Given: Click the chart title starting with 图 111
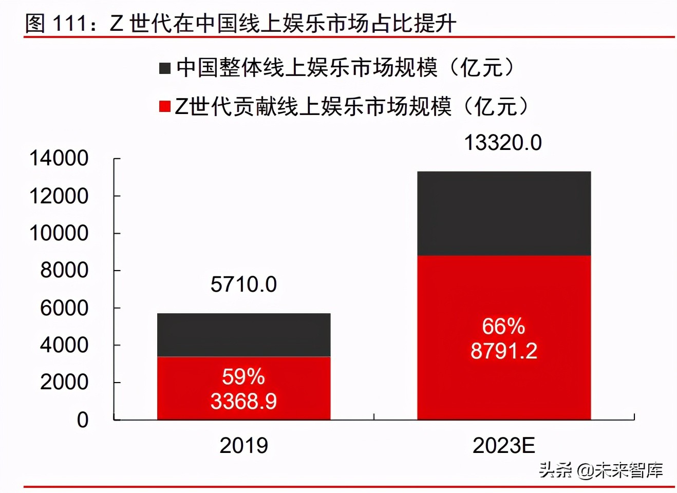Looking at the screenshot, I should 240,23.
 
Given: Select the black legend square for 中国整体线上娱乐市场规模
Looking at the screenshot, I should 165,68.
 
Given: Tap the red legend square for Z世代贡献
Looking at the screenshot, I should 165,106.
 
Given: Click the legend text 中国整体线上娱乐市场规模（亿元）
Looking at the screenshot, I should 345,68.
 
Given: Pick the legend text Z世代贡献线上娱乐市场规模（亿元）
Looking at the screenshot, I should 351,106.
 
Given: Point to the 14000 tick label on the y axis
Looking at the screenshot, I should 59,158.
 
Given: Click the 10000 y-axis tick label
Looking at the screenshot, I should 59,233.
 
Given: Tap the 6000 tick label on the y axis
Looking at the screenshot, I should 64,308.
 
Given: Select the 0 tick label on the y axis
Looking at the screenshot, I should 83,420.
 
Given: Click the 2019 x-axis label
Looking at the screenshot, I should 243,445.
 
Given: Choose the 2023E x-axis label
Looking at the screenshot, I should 503,445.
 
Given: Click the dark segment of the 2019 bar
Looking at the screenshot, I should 243,335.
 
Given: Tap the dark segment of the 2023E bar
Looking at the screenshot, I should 503,213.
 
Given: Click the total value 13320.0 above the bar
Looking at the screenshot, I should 503,143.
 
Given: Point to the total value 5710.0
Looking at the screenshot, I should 243,285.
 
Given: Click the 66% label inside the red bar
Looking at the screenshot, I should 503,327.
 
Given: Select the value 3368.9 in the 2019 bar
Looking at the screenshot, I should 243,401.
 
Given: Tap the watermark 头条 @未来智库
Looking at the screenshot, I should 600,469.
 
